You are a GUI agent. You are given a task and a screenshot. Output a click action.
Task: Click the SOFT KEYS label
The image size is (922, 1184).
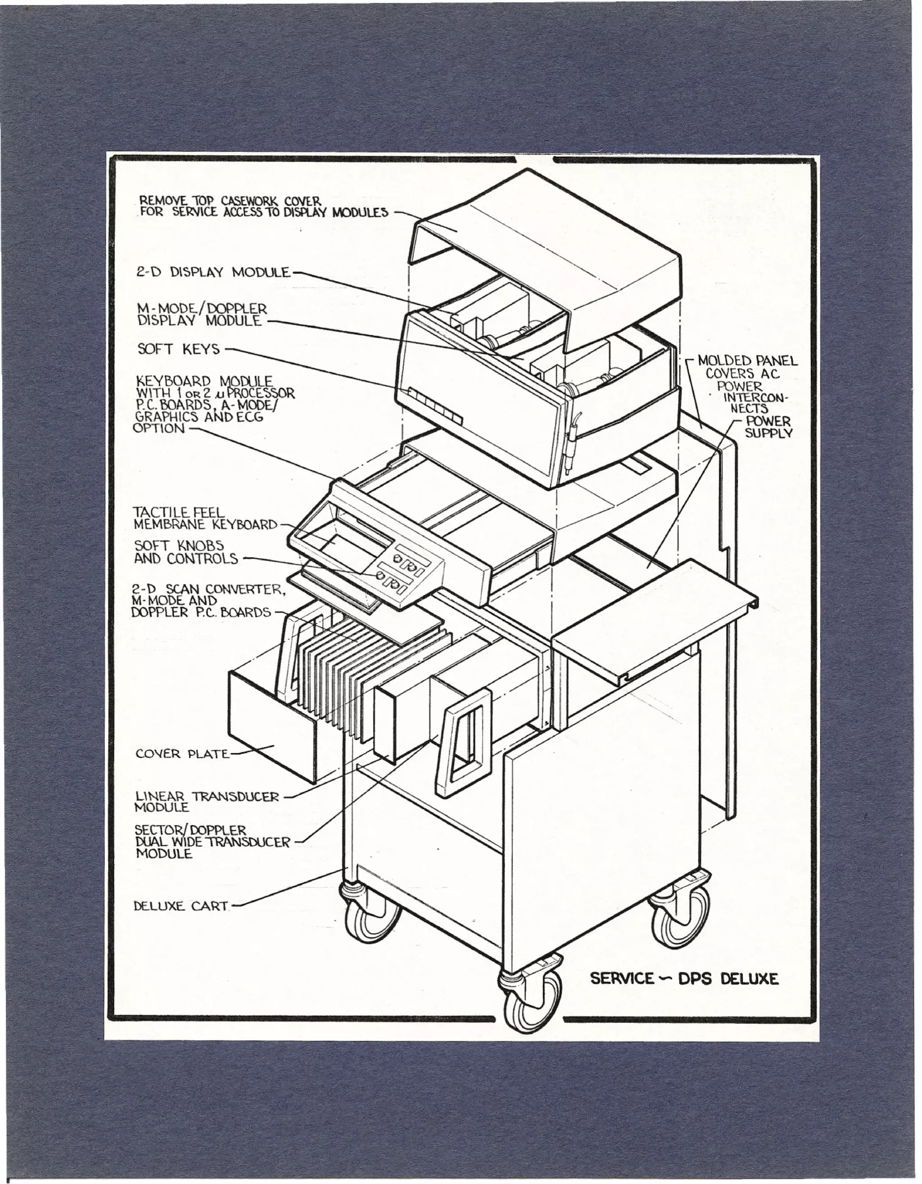tap(178, 349)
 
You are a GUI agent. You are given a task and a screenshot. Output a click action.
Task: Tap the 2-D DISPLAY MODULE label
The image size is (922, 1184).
tap(213, 272)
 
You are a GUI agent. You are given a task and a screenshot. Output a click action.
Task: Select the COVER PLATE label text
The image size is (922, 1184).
tap(182, 754)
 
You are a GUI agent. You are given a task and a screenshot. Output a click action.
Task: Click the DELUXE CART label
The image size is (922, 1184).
tap(181, 906)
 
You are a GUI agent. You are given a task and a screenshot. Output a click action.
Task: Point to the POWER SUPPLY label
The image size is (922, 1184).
tap(768, 427)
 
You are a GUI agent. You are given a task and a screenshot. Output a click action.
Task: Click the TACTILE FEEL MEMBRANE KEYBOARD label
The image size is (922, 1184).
tap(204, 519)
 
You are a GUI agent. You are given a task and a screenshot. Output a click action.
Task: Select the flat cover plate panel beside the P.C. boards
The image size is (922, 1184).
tap(271, 726)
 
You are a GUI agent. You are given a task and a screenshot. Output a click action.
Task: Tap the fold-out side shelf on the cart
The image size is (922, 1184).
tap(651, 618)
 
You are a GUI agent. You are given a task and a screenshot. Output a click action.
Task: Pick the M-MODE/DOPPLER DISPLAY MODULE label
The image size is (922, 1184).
tap(201, 315)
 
